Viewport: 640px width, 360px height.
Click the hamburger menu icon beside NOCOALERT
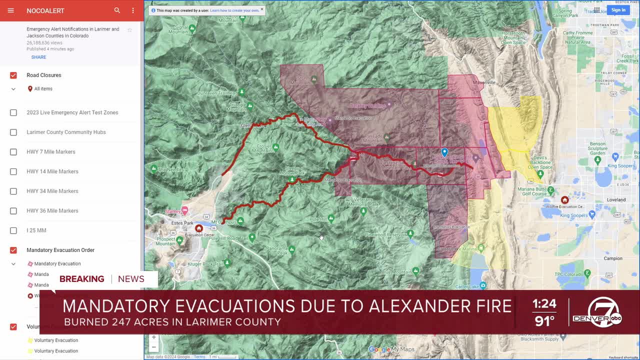coord(10,10)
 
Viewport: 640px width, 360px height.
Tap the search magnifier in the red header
coord(117,10)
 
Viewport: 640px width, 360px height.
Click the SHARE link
coord(38,57)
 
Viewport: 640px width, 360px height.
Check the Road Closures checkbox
coord(13,75)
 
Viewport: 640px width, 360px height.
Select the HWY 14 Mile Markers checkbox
coord(13,171)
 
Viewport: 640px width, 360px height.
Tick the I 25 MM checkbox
coord(13,230)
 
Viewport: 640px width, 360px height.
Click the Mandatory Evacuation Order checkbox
coord(13,250)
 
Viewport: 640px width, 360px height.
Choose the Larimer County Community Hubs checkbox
coord(13,132)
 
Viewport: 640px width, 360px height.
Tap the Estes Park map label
coord(182,223)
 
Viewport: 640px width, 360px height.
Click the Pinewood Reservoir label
coord(385,234)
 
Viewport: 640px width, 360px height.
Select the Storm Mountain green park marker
coord(314,79)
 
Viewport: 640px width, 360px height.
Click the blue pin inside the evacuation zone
coord(444,152)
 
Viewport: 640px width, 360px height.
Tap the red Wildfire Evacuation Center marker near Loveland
coord(564,200)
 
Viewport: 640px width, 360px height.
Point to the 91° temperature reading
coord(544,320)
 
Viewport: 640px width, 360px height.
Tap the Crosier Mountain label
coord(262,148)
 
